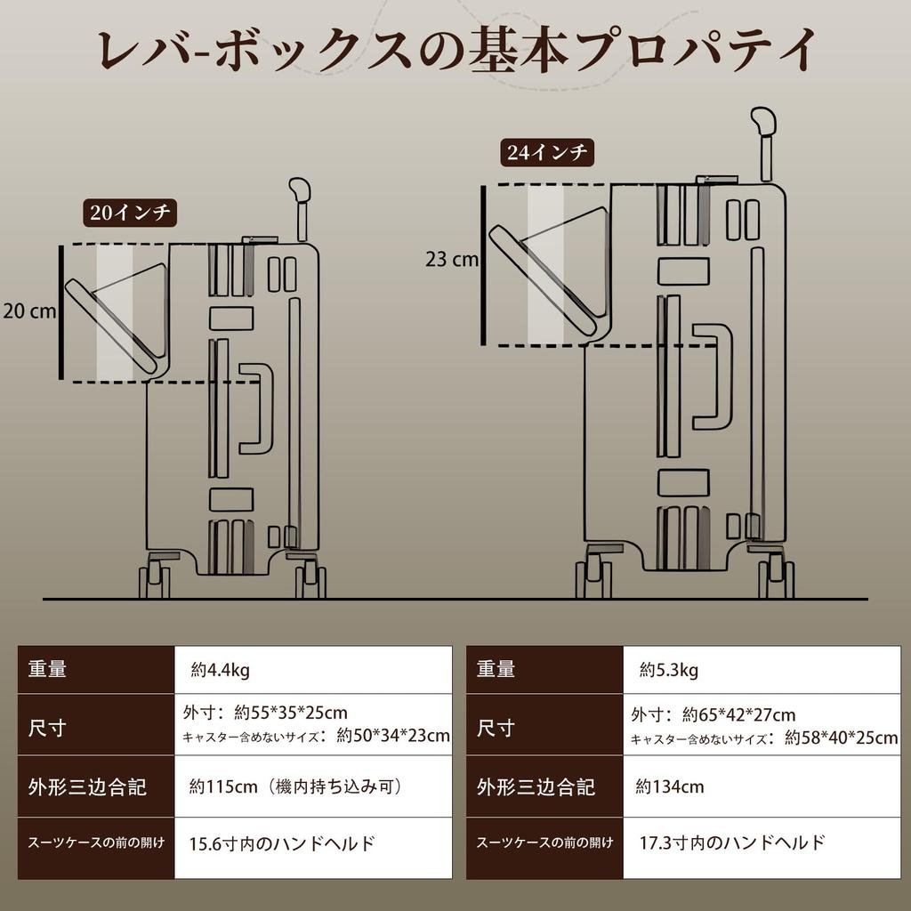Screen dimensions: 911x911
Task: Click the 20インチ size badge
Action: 130,213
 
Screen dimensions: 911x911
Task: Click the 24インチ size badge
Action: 546,153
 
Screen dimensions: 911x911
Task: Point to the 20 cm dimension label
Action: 28,311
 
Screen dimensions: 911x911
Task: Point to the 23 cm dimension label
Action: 452,260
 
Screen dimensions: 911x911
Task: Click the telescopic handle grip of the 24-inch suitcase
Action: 763,121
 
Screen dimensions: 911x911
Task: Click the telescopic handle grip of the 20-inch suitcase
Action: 299,189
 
